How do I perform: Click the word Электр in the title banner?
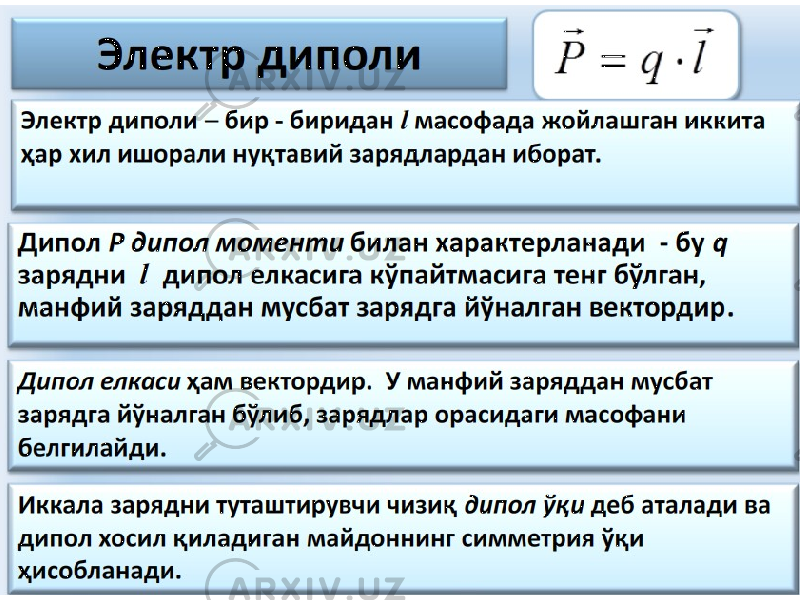point(173,56)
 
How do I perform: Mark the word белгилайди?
point(92,448)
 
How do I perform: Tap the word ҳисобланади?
point(100,571)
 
